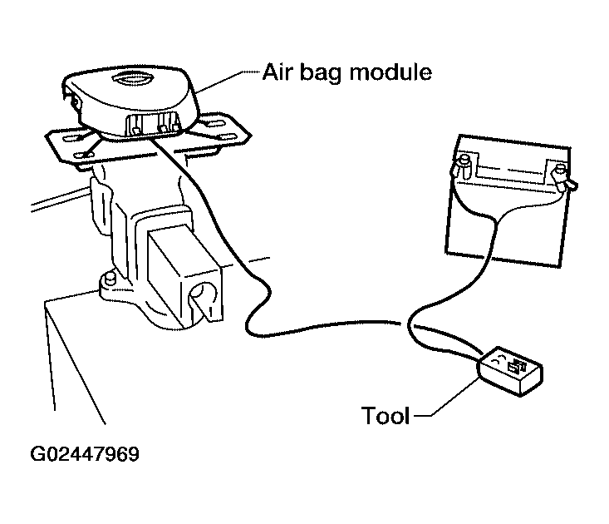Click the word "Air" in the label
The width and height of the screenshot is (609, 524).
point(275,72)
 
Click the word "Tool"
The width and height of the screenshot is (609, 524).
point(386,415)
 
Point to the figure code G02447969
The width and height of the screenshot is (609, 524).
point(85,454)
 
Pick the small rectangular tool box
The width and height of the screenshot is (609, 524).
point(511,372)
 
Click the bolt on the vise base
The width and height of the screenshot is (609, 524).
point(110,279)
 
